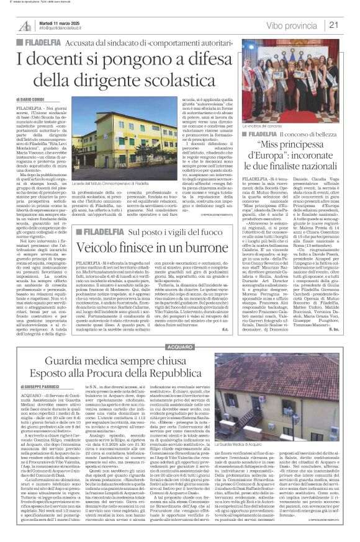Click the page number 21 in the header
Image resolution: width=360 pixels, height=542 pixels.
pos(351,25)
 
